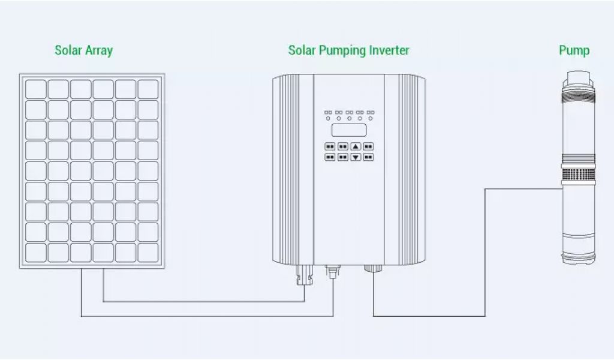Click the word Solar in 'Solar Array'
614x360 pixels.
68,50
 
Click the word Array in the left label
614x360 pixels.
98,50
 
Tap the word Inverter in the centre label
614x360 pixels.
391,50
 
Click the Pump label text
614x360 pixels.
574,50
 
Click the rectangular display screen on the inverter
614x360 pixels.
349,130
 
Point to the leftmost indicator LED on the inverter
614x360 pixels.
328,119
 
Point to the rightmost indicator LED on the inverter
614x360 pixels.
371,119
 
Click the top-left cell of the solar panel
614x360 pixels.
35,89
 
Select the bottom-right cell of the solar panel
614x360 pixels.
148,252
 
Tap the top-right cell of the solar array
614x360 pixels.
148,89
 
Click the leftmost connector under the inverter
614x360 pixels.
304,276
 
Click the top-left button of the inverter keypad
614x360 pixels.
330,146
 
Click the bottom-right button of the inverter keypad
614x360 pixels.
368,157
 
